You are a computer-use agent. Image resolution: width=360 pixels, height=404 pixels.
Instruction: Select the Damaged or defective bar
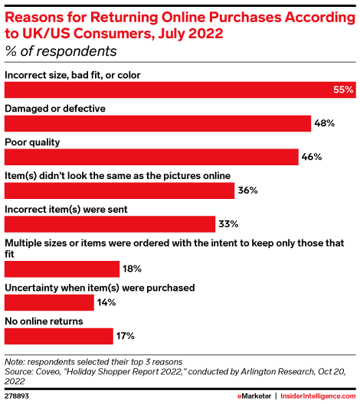pos(158,123)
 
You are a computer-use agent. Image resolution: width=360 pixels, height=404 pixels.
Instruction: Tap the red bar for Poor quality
pos(152,157)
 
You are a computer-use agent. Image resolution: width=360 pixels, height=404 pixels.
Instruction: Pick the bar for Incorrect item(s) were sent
pos(110,224)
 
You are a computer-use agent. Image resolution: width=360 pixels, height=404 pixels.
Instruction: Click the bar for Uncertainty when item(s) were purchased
pos(49,302)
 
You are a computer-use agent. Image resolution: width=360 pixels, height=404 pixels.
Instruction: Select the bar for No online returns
pos(58,336)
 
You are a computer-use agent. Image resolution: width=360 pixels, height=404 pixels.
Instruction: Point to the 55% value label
pos(343,90)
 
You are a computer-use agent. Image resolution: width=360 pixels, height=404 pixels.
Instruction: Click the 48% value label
pos(326,124)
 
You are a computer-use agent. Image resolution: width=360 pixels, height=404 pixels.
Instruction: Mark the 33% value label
pos(229,225)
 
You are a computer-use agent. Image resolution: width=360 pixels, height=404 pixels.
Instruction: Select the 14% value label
pos(106,303)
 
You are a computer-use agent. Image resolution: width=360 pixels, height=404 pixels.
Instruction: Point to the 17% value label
pos(126,337)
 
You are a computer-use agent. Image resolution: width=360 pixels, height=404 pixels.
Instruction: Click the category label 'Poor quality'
pos(32,142)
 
